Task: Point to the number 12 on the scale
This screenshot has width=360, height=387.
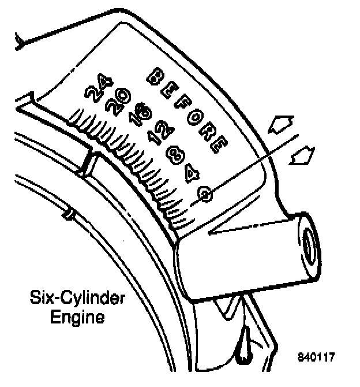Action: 157,135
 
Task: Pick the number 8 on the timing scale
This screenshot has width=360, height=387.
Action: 173,154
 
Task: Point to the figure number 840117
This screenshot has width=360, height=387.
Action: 317,357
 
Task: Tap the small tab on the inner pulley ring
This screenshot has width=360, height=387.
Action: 69,214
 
